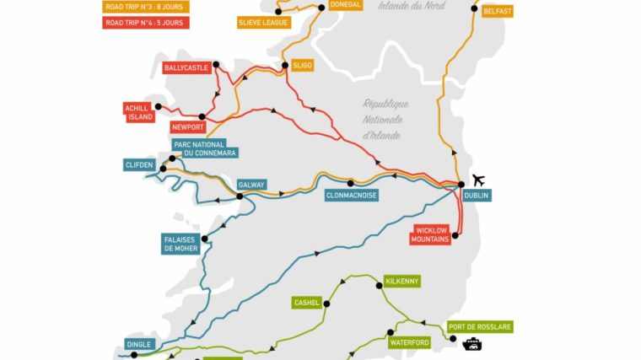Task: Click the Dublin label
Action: (x=476, y=196)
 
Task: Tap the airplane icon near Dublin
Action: (x=479, y=180)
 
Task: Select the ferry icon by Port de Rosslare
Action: (x=471, y=343)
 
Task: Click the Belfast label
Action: (x=497, y=12)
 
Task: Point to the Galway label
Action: (x=251, y=185)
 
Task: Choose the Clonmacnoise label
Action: (x=351, y=196)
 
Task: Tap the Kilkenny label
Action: (x=401, y=281)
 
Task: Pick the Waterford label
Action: (x=410, y=343)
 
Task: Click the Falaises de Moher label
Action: (x=180, y=244)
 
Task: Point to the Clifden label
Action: (x=139, y=165)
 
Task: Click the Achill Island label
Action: (x=139, y=112)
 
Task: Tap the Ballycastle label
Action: (x=186, y=67)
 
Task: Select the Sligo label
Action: (x=302, y=64)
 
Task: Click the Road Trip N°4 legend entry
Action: (x=146, y=23)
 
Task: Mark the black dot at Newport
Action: (x=202, y=117)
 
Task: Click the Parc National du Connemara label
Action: (x=204, y=148)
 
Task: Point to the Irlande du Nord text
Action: (x=412, y=5)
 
